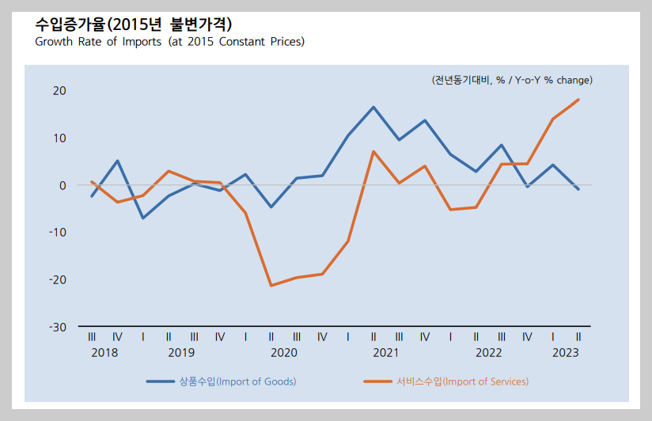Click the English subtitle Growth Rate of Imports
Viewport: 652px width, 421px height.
pyautogui.click(x=169, y=41)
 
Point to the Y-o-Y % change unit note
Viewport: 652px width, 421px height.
pyautogui.click(x=512, y=80)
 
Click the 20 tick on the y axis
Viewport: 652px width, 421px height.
pyautogui.click(x=59, y=91)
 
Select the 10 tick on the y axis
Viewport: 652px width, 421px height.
pyautogui.click(x=59, y=138)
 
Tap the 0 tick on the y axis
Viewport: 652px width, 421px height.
pyautogui.click(x=63, y=185)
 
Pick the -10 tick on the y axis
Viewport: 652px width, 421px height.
pyautogui.click(x=58, y=233)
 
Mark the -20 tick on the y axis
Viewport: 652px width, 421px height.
pyautogui.click(x=58, y=279)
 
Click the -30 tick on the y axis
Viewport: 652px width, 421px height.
pyautogui.click(x=58, y=327)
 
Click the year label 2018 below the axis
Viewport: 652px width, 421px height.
pyautogui.click(x=104, y=352)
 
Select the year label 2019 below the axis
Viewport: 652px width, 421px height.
pyautogui.click(x=181, y=352)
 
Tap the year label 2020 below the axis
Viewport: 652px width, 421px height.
pyautogui.click(x=283, y=352)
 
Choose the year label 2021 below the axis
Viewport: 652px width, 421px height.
pyautogui.click(x=386, y=352)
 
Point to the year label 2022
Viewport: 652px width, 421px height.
pyautogui.click(x=488, y=352)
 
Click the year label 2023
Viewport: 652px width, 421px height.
pyautogui.click(x=565, y=352)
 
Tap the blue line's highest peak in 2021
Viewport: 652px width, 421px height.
pyautogui.click(x=373, y=107)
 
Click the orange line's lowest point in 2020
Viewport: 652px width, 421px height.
pyautogui.click(x=271, y=286)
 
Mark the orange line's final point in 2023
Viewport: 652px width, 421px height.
pyautogui.click(x=578, y=100)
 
